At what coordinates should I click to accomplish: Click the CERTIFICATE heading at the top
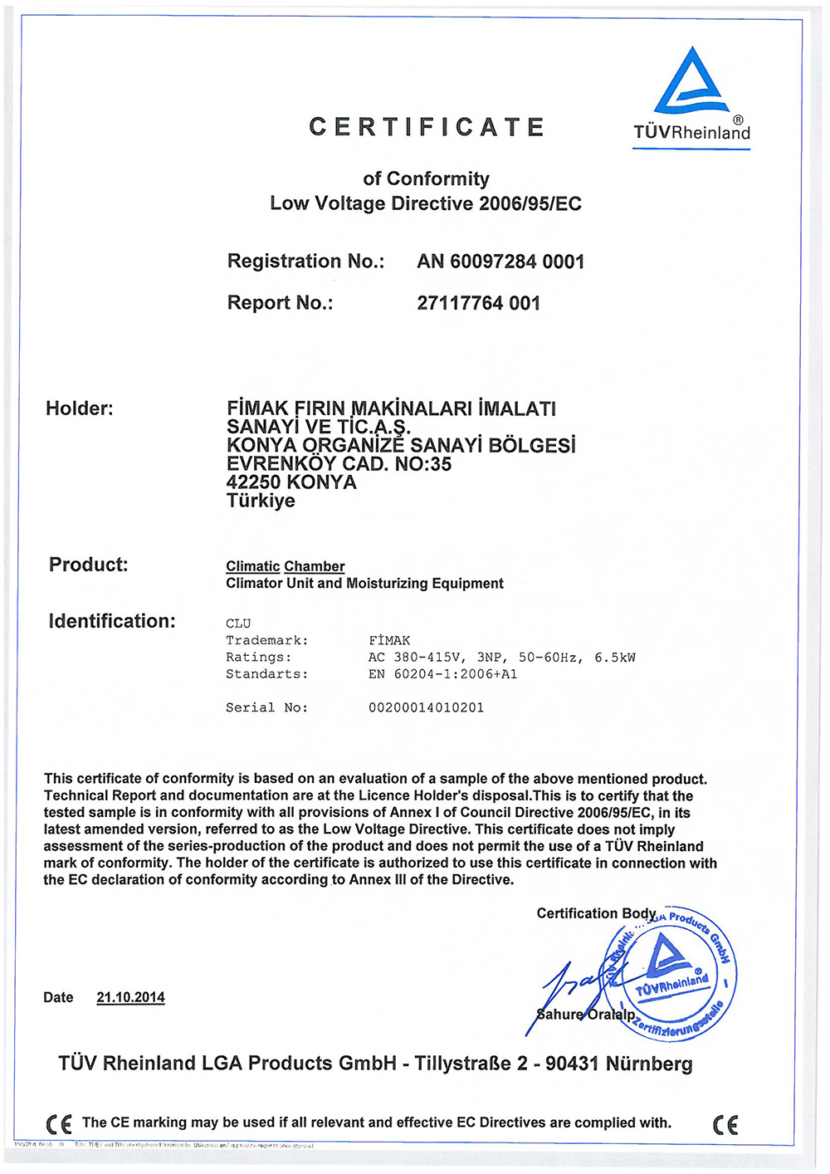click(427, 127)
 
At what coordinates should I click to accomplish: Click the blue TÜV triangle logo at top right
click(691, 83)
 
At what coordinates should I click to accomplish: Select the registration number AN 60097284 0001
click(500, 262)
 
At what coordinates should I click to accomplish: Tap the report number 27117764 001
click(478, 303)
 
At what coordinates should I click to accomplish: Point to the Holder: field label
click(80, 408)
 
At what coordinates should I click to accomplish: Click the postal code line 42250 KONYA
click(291, 482)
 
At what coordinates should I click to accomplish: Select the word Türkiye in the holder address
click(261, 501)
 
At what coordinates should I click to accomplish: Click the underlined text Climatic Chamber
click(286, 566)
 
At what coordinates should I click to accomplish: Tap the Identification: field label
click(112, 621)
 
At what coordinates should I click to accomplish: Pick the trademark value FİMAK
click(389, 640)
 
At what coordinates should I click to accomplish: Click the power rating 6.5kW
click(615, 658)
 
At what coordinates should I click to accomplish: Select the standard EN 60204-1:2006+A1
click(442, 674)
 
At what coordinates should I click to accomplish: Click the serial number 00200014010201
click(426, 707)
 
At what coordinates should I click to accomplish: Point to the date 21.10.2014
click(130, 997)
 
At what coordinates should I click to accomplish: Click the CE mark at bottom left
click(59, 1124)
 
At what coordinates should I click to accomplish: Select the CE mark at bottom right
click(725, 1124)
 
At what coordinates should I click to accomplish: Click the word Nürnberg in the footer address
click(649, 1064)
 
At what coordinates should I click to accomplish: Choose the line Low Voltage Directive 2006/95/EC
click(426, 203)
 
